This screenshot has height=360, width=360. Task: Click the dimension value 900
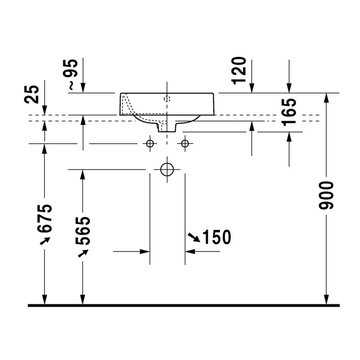coord(326,195)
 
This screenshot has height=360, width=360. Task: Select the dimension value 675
coord(44,218)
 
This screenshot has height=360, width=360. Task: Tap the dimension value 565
coord(83,231)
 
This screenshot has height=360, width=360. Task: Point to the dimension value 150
coord(217,237)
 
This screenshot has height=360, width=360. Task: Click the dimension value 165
coord(289,112)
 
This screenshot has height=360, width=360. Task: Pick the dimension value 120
coord(239,71)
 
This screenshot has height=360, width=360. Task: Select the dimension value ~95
coord(73,75)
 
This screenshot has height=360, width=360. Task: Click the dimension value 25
coord(31,94)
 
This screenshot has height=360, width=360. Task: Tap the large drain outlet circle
coord(167,169)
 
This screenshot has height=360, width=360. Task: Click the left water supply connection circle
coord(150,144)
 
